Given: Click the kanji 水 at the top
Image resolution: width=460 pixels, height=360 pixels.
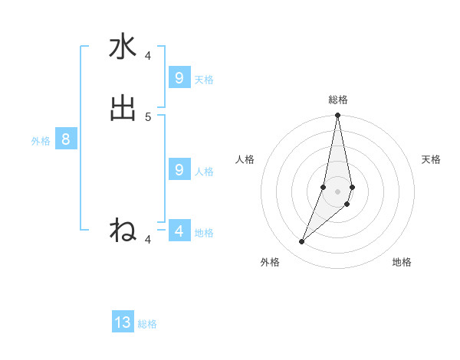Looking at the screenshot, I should (x=123, y=47).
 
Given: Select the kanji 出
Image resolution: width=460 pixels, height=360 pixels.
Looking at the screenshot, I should (x=123, y=108).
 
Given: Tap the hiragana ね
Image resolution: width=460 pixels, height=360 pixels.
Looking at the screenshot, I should (x=123, y=229).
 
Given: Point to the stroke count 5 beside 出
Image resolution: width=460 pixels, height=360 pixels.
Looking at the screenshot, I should (x=148, y=116).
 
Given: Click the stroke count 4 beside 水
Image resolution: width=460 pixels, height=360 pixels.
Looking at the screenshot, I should (x=148, y=56).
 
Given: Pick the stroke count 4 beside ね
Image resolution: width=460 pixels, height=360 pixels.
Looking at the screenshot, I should (x=148, y=240).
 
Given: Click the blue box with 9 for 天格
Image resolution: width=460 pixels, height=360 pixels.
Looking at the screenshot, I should (x=179, y=77).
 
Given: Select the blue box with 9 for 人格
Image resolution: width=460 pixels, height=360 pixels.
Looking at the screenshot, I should (x=179, y=169).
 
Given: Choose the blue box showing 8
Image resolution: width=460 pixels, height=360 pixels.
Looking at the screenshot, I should (x=66, y=139).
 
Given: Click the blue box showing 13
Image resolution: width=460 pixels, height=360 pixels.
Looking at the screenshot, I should (x=123, y=322).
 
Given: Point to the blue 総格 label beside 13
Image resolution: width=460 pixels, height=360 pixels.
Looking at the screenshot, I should (x=147, y=324).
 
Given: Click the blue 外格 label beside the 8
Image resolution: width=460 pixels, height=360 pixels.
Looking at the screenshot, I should (x=41, y=141).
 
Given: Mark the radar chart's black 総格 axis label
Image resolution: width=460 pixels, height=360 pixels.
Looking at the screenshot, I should (x=338, y=100).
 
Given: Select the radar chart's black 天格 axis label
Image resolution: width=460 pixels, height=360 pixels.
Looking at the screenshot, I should (x=431, y=159).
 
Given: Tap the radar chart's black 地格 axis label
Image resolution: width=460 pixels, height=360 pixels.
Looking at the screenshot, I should (x=402, y=263).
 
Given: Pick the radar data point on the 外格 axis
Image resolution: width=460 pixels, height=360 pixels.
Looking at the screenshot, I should (x=301, y=242).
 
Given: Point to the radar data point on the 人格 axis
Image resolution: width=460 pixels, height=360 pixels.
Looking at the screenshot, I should (x=324, y=187).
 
